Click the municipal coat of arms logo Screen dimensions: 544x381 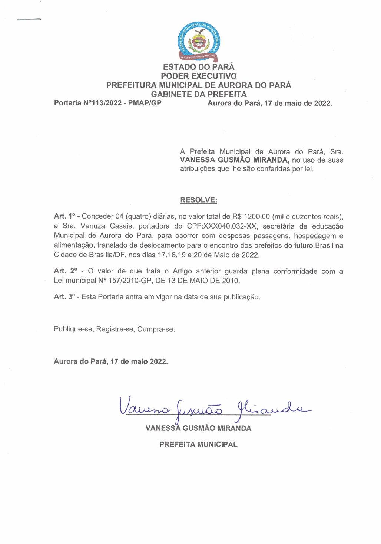click(x=199, y=42)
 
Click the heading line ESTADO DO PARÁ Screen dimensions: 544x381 click(x=199, y=67)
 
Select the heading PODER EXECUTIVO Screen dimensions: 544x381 click(x=199, y=76)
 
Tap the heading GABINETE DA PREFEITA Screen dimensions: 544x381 click(x=199, y=94)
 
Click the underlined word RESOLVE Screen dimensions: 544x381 click(x=198, y=200)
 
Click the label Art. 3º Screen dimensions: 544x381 click(x=64, y=297)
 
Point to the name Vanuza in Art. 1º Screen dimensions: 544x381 click(x=93, y=226)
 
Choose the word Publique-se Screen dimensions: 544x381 click(x=73, y=329)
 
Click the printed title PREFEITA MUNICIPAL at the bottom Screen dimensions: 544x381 click(x=198, y=445)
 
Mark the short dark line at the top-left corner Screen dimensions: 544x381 click(x=29, y=19)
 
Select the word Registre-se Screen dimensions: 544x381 click(x=115, y=329)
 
